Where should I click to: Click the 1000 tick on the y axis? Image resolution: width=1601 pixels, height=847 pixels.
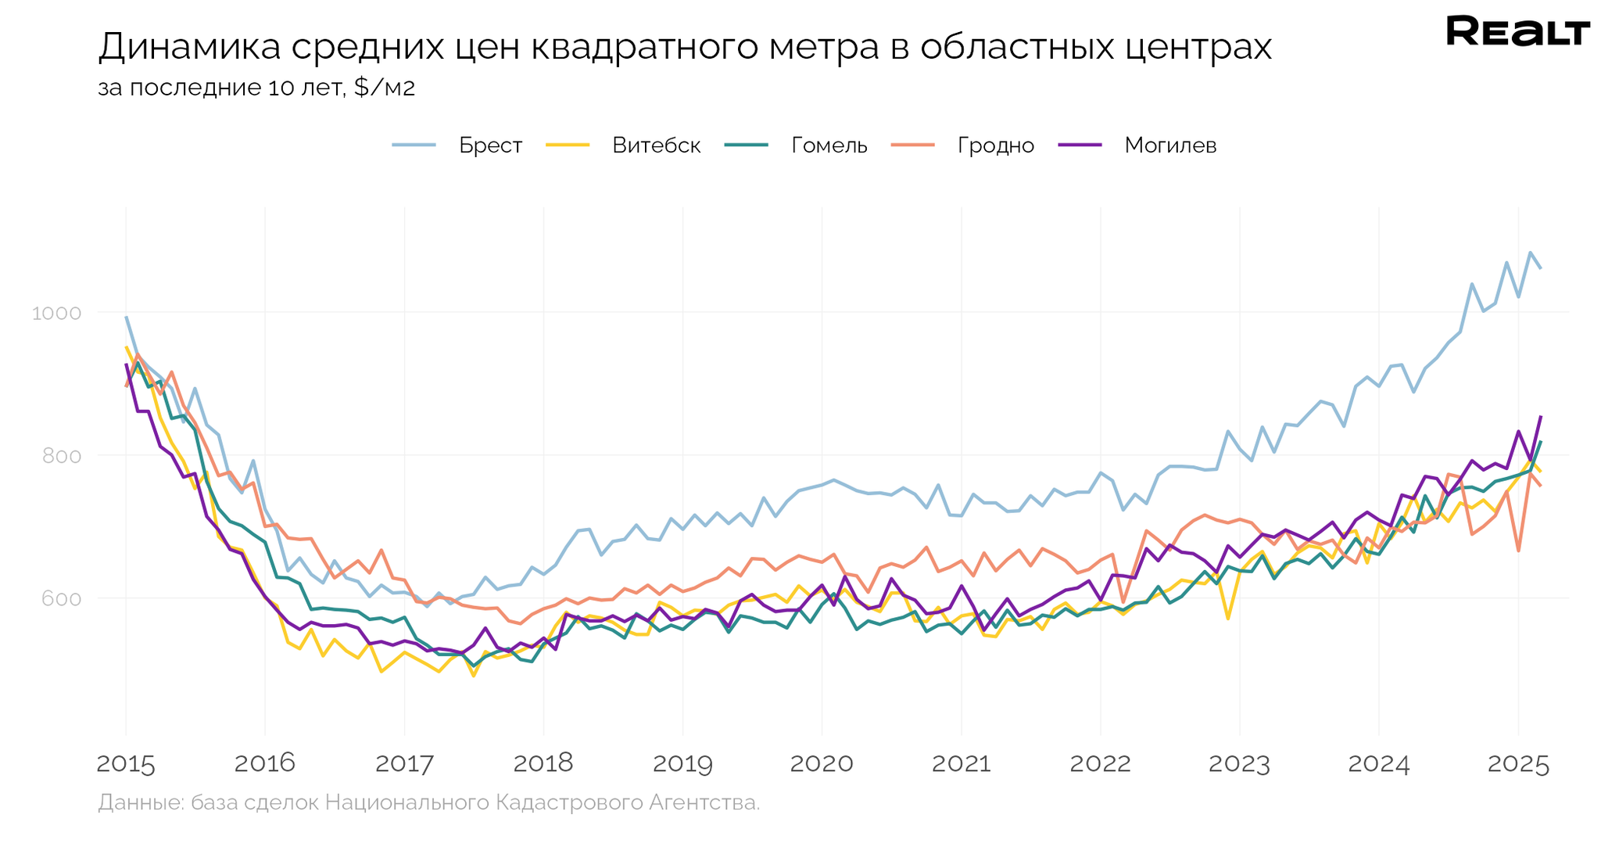click(56, 313)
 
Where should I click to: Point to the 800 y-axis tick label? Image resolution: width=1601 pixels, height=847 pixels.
click(61, 456)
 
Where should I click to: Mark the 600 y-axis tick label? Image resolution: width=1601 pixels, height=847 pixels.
click(61, 599)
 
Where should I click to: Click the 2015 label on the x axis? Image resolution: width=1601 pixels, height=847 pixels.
click(126, 763)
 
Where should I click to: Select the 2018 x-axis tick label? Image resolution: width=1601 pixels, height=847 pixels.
click(543, 763)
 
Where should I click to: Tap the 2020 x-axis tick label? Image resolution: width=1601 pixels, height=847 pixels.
click(822, 763)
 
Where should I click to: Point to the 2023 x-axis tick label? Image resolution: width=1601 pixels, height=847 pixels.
click(1239, 763)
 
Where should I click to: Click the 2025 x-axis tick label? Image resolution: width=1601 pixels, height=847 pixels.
click(1518, 763)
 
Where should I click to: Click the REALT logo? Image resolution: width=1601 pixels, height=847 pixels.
click(1517, 31)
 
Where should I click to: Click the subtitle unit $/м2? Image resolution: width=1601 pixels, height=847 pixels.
click(385, 88)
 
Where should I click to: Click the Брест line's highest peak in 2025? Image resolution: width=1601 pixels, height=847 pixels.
click(1530, 252)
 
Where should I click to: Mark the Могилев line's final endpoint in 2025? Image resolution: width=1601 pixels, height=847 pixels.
click(1541, 416)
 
